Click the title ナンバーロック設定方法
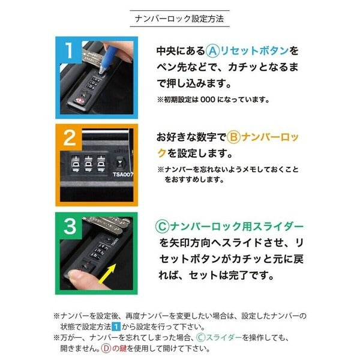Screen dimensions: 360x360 pyautogui.click(x=179, y=19)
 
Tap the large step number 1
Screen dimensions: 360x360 pyautogui.click(x=68, y=50)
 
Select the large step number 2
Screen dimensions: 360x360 pyautogui.click(x=70, y=138)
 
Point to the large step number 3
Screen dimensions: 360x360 pyautogui.click(x=70, y=226)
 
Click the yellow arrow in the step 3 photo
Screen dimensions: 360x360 pyautogui.click(x=107, y=274)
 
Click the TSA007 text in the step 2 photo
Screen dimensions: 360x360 pyautogui.click(x=123, y=175)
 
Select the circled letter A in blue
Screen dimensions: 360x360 pyautogui.click(x=212, y=51)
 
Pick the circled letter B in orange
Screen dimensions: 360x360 pyautogui.click(x=233, y=137)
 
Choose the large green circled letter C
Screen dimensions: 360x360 pyautogui.click(x=163, y=227)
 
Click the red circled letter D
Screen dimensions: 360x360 pyautogui.click(x=106, y=349)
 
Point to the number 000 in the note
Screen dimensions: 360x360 pyautogui.click(x=208, y=100)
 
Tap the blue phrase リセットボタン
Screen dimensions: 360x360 pyautogui.click(x=254, y=51)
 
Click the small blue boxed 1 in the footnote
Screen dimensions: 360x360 pyautogui.click(x=116, y=326)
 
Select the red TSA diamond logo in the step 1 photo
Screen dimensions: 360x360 pyautogui.click(x=79, y=101)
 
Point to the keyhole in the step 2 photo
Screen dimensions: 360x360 pyautogui.click(x=119, y=163)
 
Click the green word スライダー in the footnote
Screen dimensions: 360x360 pyautogui.click(x=224, y=337)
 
